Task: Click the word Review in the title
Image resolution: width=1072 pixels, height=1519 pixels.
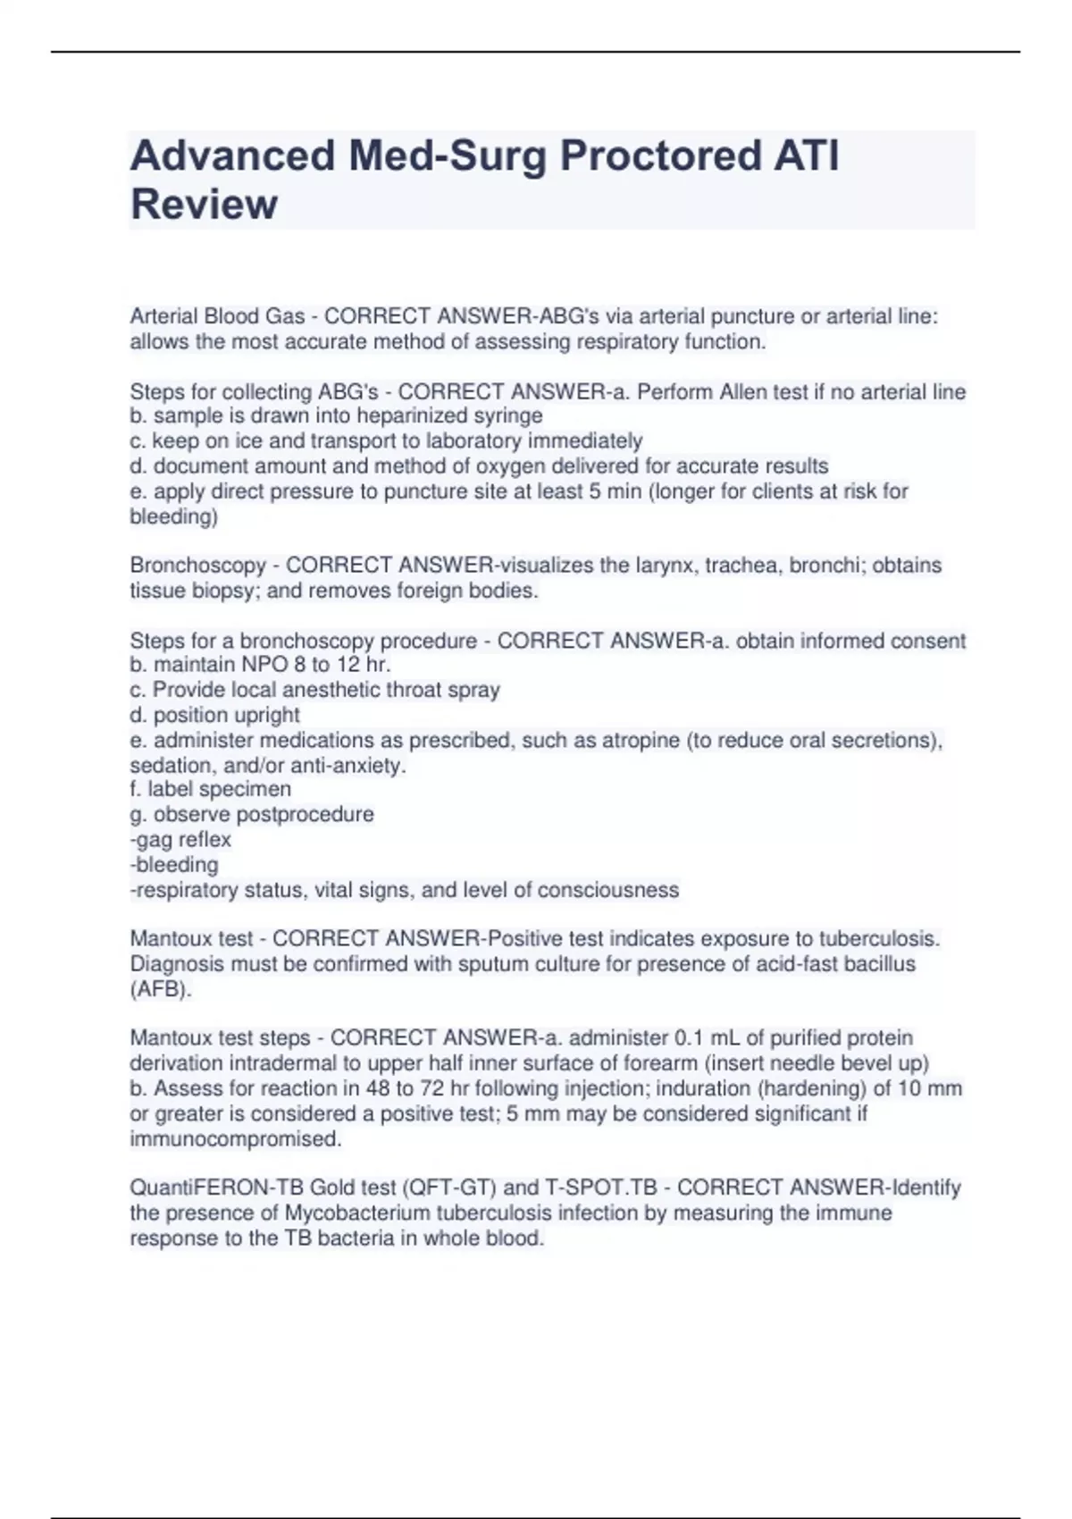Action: coord(204,205)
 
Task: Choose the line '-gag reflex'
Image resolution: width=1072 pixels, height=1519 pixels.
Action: coord(180,840)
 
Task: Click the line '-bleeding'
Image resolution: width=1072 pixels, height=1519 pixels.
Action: coord(174,865)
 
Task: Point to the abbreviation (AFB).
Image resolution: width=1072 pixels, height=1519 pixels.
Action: coord(161,989)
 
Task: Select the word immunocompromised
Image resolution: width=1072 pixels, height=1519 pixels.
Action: coord(236,1139)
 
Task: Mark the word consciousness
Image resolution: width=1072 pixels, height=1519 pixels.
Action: coord(608,890)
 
